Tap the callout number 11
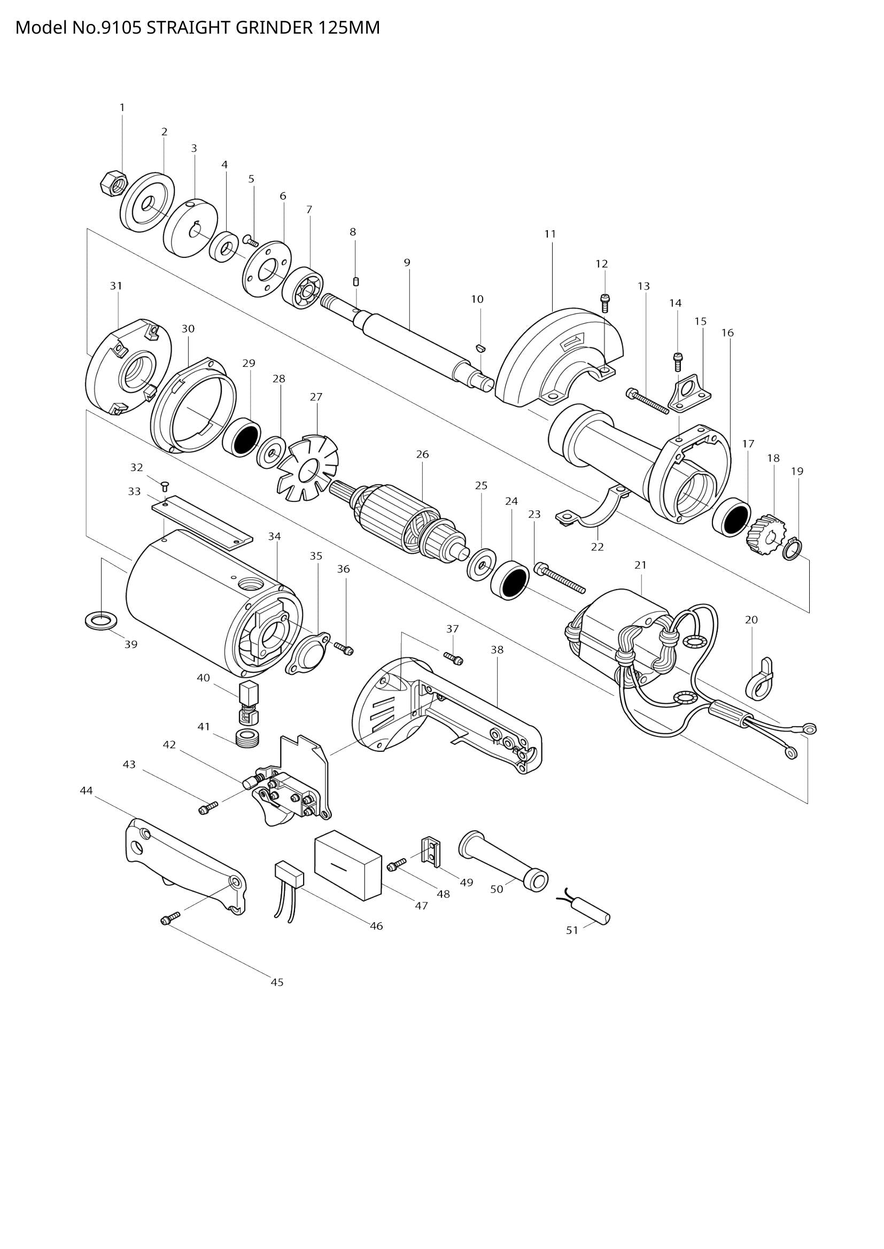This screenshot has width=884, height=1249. click(550, 234)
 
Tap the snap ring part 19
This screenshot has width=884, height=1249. click(793, 549)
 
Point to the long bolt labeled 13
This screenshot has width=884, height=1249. click(648, 402)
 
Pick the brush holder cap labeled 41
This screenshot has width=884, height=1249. click(249, 738)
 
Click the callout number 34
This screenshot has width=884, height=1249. click(274, 536)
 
